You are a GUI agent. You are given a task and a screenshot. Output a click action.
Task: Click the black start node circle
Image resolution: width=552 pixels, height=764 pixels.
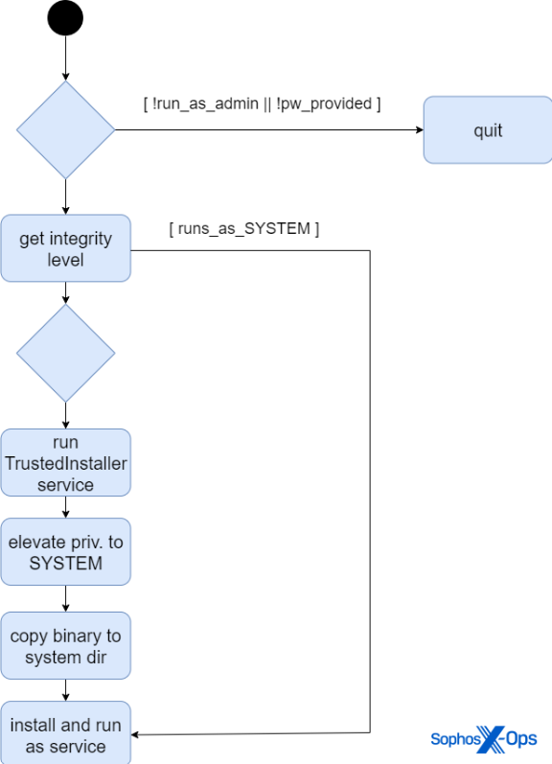(65, 18)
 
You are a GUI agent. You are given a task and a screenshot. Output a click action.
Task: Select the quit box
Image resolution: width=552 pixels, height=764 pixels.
(488, 130)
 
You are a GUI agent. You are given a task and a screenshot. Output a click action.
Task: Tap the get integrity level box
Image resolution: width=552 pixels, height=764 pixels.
(66, 248)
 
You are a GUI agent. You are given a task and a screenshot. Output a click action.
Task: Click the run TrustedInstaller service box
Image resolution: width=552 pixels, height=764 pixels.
(66, 463)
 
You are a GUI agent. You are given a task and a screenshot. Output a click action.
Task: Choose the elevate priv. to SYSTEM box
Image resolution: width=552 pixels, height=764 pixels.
(66, 552)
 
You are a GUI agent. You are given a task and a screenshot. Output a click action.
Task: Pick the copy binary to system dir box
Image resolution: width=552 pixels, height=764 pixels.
(66, 645)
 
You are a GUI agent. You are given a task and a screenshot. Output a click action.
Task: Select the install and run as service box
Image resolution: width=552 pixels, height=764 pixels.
(66, 733)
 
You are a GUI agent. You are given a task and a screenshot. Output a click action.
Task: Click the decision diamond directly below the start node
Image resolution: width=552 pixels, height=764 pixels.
(66, 130)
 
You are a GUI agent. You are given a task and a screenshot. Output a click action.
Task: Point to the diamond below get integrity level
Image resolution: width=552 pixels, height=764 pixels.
(66, 354)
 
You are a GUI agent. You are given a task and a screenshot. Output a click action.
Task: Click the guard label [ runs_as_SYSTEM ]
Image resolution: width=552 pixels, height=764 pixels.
(244, 228)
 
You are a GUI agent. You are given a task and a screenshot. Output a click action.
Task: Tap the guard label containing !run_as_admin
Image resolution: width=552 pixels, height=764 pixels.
(263, 104)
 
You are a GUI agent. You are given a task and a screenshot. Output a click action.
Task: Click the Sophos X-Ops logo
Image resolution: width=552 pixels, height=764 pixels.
(484, 739)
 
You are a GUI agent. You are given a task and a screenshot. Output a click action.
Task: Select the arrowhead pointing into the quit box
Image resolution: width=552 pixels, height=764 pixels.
(420, 130)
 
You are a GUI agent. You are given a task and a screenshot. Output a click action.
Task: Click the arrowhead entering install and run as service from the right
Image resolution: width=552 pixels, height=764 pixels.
(135, 734)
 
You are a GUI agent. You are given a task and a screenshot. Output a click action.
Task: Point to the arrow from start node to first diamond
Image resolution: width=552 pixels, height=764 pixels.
(66, 58)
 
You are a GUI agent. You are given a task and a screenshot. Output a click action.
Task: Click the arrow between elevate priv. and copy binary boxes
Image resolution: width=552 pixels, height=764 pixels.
(66, 599)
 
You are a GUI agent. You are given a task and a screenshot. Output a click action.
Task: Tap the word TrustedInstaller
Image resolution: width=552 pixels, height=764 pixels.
(66, 463)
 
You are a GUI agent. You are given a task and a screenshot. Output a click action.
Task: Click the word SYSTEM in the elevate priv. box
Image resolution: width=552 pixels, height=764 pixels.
(66, 564)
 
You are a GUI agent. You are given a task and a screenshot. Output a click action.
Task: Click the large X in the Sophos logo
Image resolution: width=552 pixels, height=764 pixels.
(491, 739)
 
